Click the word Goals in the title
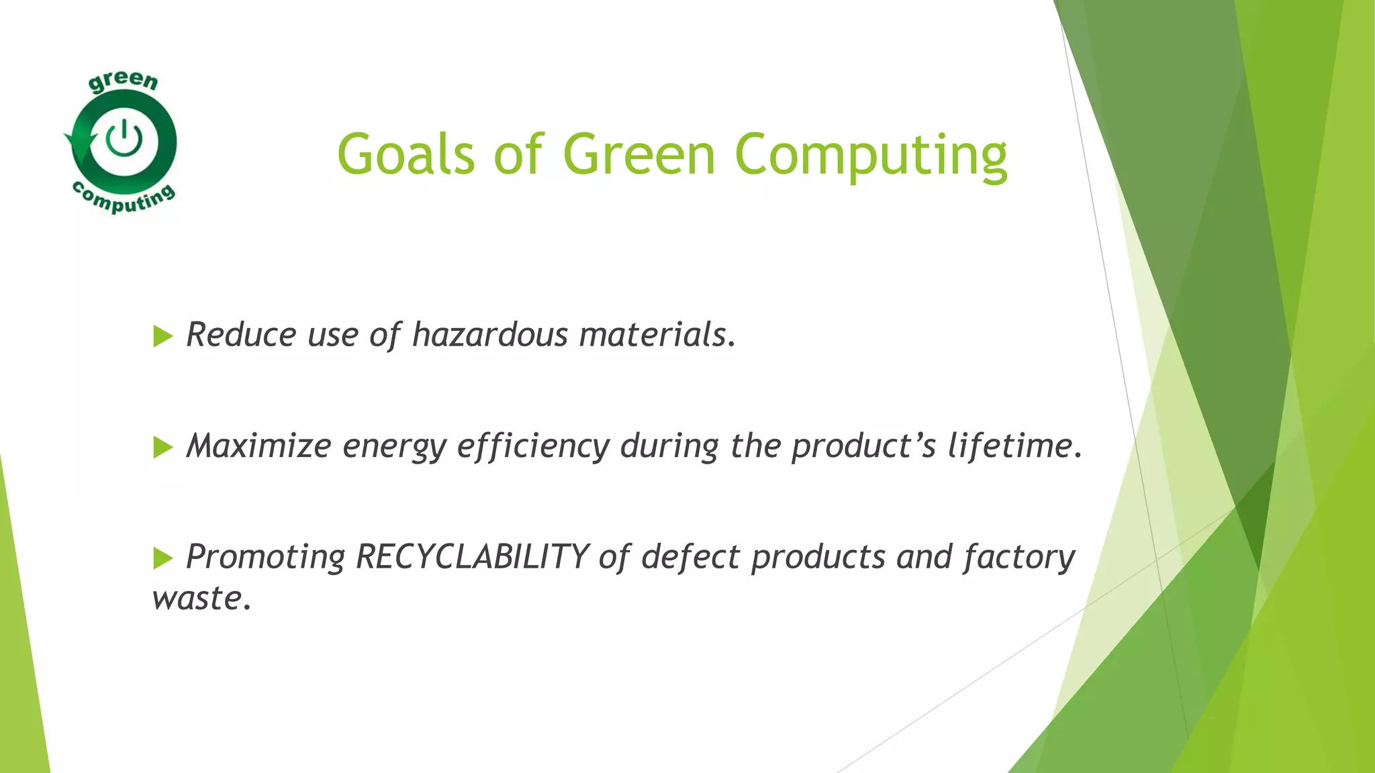pyautogui.click(x=406, y=154)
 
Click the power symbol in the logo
pyautogui.click(x=124, y=138)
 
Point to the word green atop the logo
pyautogui.click(x=123, y=82)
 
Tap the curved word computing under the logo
pyautogui.click(x=124, y=199)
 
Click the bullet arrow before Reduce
pyautogui.click(x=162, y=336)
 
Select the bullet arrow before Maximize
pyautogui.click(x=162, y=447)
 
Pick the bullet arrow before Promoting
pyautogui.click(x=162, y=558)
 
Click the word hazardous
pyautogui.click(x=489, y=334)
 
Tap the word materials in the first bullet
pyautogui.click(x=657, y=334)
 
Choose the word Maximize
pyautogui.click(x=258, y=446)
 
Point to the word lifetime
pyautogui.click(x=1014, y=446)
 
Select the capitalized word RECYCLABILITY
pyautogui.click(x=472, y=557)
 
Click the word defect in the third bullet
pyautogui.click(x=690, y=557)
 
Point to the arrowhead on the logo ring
pyautogui.click(x=76, y=142)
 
